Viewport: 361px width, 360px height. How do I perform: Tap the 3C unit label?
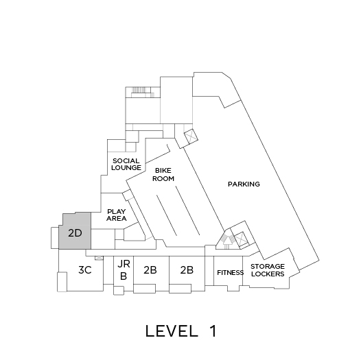(x=85, y=269)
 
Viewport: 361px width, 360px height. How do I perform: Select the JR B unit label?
(x=124, y=270)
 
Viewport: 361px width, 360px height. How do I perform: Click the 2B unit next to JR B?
(x=150, y=269)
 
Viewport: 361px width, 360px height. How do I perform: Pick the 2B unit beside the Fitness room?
(x=187, y=269)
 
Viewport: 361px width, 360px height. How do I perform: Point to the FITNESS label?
(x=230, y=273)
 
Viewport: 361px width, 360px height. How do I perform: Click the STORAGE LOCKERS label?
(x=268, y=270)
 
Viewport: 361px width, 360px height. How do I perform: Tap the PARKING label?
(x=244, y=184)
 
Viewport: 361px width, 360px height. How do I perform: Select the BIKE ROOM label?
(x=163, y=175)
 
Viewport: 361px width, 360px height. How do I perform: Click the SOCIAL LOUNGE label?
(x=126, y=165)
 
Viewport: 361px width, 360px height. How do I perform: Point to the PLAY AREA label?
(x=117, y=215)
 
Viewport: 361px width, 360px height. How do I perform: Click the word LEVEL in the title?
(x=172, y=331)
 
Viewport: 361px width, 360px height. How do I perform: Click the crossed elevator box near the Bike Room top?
(x=191, y=136)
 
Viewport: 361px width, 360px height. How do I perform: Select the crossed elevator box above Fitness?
(x=241, y=239)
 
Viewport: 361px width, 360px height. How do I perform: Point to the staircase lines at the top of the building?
(x=140, y=90)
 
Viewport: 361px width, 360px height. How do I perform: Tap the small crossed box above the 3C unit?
(x=100, y=258)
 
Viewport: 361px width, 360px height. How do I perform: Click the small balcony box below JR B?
(x=119, y=290)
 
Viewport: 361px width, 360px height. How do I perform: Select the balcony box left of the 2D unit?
(x=55, y=238)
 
